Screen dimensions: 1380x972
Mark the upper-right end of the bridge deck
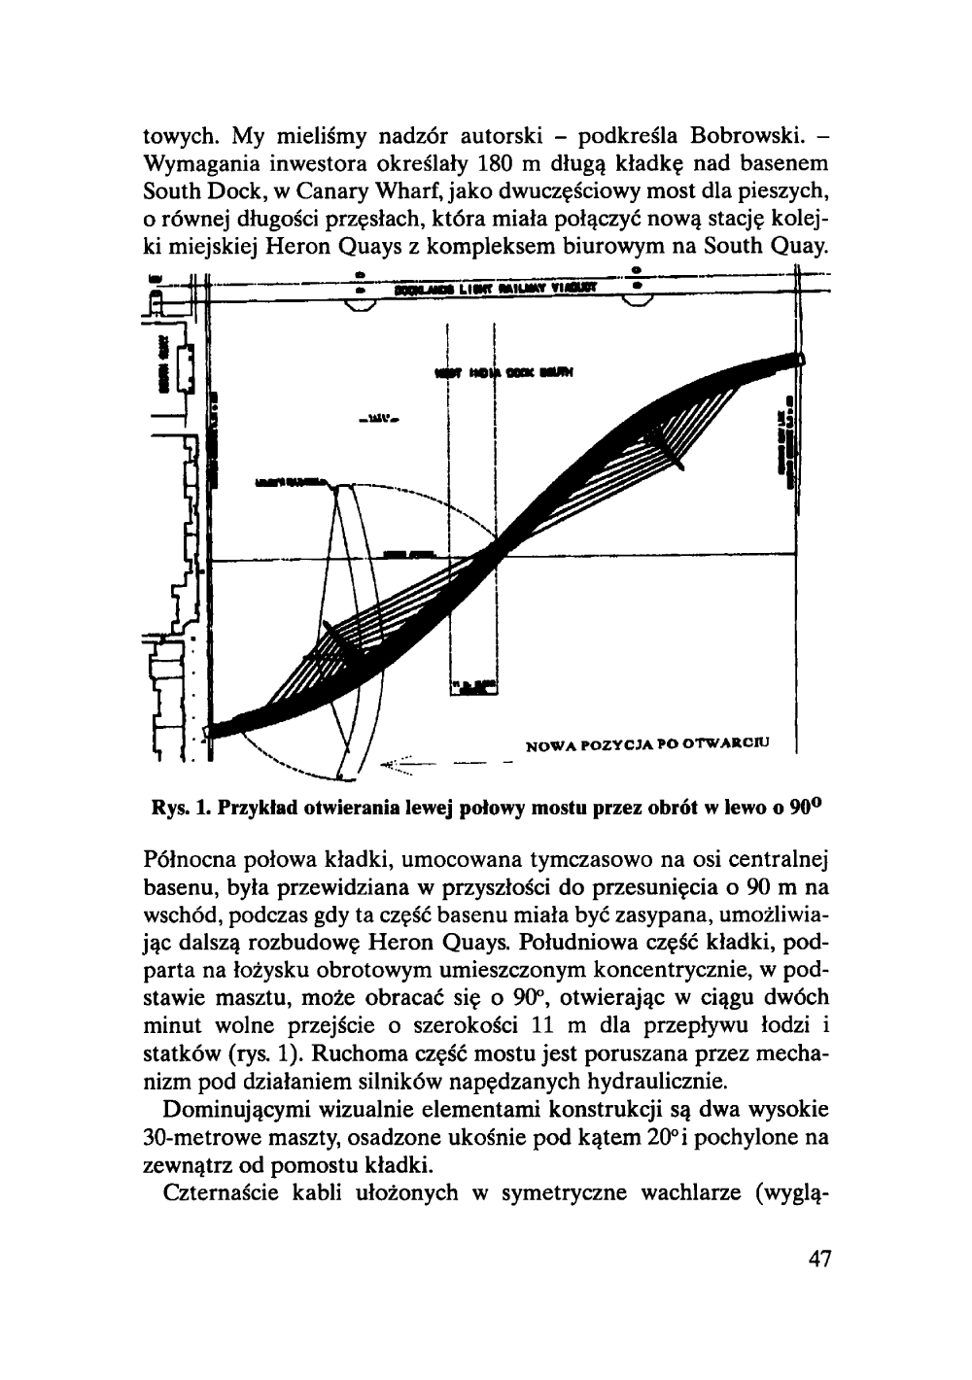799,360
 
